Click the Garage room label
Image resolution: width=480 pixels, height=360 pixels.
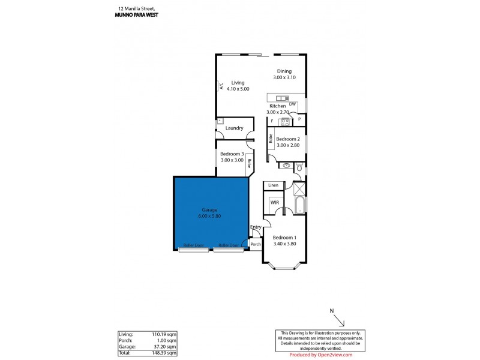(x=209, y=210)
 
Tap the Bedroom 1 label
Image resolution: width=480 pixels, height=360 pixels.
(x=285, y=238)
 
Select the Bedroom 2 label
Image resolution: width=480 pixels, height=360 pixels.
(x=287, y=139)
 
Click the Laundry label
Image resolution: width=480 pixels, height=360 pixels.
(x=234, y=128)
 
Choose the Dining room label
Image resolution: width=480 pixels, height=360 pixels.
(x=284, y=71)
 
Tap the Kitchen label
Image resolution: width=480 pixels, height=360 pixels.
(x=277, y=106)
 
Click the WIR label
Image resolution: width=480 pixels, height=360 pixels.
(x=275, y=203)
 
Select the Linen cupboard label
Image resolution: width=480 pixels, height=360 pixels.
(x=274, y=185)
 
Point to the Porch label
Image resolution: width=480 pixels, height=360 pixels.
(x=255, y=245)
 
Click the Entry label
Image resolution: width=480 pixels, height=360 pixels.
(x=256, y=227)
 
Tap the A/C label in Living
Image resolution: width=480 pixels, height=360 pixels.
(x=221, y=86)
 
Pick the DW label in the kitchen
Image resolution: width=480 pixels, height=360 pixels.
(x=292, y=104)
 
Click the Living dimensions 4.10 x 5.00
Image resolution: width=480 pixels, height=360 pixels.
(x=238, y=89)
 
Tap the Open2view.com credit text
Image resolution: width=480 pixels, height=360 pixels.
(x=331, y=355)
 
